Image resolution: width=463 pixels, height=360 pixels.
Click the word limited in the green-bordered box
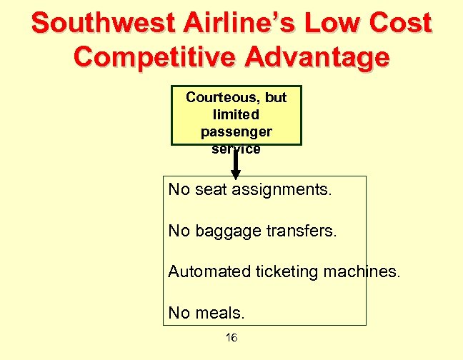tap(236, 114)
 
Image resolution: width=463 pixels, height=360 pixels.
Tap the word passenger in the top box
tap(236, 131)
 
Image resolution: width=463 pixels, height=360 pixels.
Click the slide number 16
tap(231, 338)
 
